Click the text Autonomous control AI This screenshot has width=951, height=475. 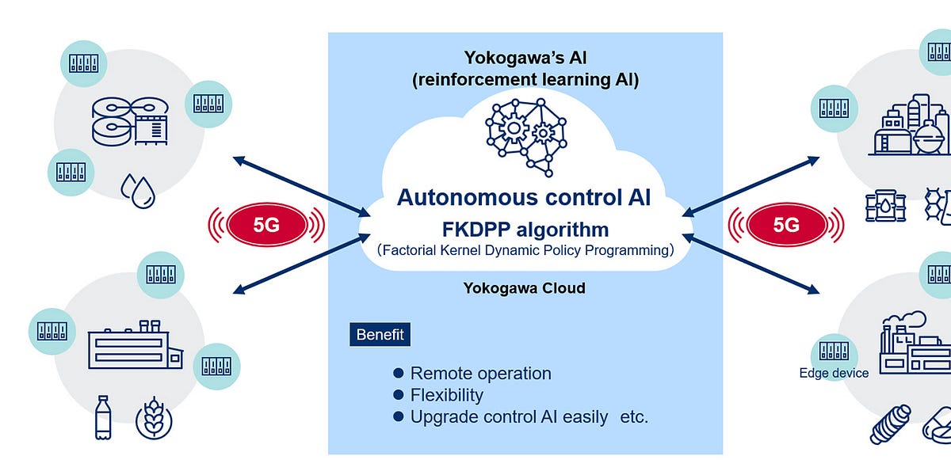click(524, 197)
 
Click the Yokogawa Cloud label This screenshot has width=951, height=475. click(524, 288)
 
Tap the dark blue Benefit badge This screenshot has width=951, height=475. click(380, 335)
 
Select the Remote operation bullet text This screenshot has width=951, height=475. click(480, 374)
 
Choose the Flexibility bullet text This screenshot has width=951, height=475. click(446, 395)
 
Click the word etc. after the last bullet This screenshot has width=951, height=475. click(633, 416)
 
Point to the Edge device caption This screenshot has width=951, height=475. click(834, 373)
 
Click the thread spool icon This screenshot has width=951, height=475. click(891, 425)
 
